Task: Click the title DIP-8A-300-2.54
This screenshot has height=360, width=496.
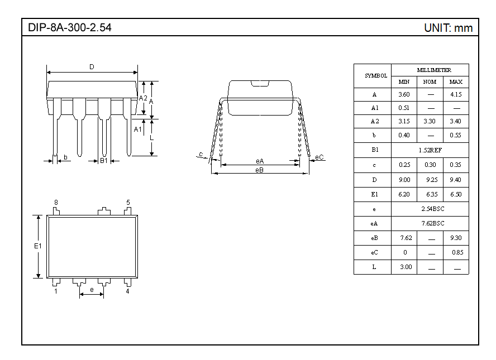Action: (x=70, y=27)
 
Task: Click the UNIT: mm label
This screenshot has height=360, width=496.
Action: (x=448, y=28)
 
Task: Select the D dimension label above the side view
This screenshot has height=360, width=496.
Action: (x=92, y=67)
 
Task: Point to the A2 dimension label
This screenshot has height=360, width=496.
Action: (x=143, y=98)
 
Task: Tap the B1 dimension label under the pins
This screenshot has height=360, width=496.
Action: (x=104, y=161)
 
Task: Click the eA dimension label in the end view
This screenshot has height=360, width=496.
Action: (x=260, y=161)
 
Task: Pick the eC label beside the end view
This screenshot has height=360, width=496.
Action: (x=319, y=157)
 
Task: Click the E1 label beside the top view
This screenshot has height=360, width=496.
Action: (x=38, y=246)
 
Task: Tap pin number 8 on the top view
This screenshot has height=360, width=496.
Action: (x=56, y=202)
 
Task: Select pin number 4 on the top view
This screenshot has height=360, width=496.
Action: (x=127, y=291)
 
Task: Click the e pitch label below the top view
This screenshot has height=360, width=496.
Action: (x=92, y=290)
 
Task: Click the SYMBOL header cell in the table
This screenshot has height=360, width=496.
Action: (x=376, y=76)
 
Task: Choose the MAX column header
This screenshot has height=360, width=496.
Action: (x=456, y=82)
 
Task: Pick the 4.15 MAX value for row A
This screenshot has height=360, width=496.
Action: (x=456, y=94)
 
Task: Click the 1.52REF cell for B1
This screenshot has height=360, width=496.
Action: (x=430, y=150)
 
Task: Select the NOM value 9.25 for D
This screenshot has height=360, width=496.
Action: (x=432, y=180)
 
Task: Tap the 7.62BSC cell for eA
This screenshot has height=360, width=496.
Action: (x=433, y=223)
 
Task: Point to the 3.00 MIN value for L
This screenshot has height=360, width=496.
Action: (x=406, y=267)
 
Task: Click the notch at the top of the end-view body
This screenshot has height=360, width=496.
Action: (x=260, y=83)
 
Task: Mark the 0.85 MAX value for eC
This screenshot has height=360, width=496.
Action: (x=457, y=252)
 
